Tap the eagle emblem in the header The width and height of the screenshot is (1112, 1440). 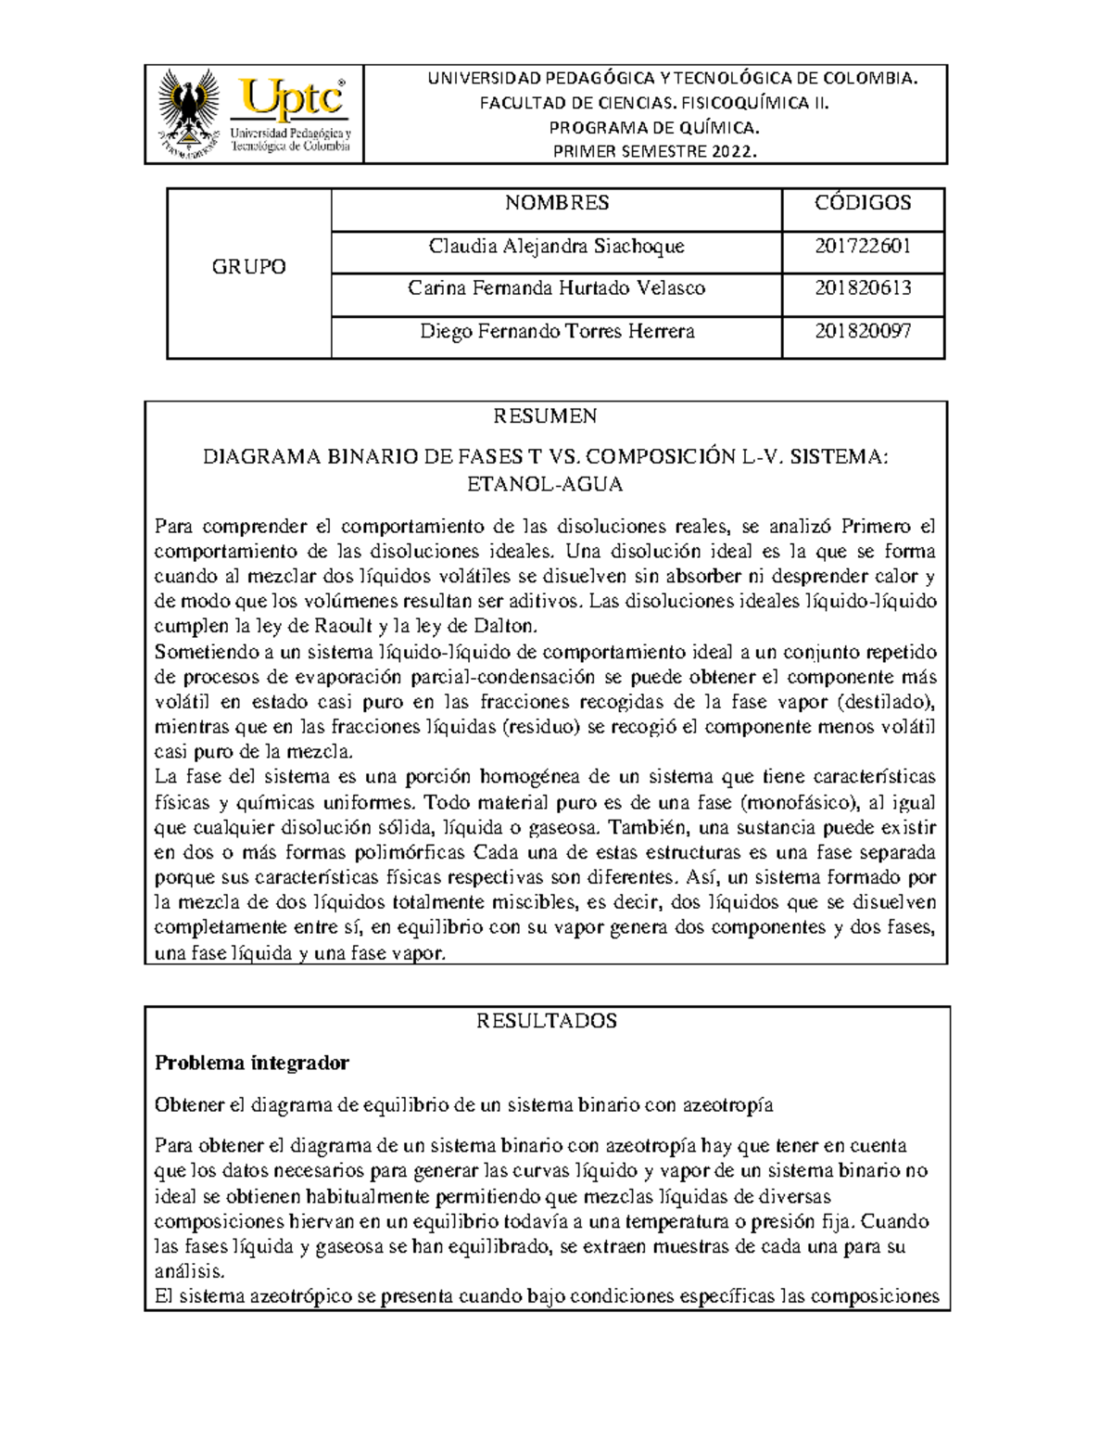point(189,114)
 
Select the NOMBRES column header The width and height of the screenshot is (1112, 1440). point(556,203)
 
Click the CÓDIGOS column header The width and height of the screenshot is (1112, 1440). point(862,203)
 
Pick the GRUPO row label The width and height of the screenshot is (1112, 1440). point(248,267)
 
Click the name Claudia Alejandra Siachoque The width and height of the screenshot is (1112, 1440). point(556,247)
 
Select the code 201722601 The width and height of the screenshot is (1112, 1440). point(862,247)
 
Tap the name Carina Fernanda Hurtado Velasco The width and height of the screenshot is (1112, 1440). point(556,288)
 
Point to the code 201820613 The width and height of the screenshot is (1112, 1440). point(862,288)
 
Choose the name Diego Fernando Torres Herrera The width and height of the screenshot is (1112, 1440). point(556,331)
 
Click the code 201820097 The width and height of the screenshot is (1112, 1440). point(862,331)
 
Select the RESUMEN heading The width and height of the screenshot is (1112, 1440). point(545,415)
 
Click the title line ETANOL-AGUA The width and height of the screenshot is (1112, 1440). point(545,484)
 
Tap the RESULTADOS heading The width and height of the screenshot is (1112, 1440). point(546,1021)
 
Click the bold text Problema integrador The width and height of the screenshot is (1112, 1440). point(251,1063)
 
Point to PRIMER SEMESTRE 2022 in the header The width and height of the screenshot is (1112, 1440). point(654,152)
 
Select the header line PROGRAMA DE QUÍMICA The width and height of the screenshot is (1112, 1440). point(654,128)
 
